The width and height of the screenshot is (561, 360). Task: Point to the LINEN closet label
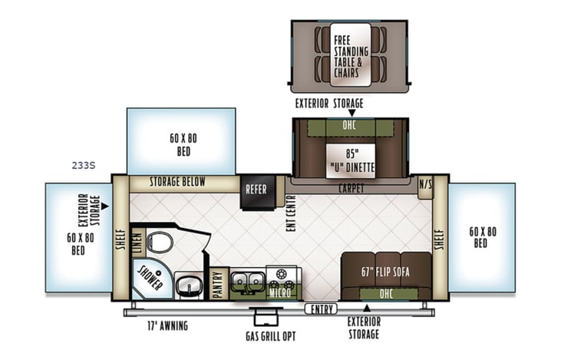pos(137,243)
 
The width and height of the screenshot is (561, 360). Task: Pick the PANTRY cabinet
pos(217,283)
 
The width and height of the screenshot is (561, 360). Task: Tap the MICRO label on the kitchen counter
pos(280,292)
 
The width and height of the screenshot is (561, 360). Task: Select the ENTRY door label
pos(320,309)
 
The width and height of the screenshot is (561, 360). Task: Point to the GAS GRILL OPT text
pos(266,336)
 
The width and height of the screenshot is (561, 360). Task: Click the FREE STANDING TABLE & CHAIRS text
pos(351,55)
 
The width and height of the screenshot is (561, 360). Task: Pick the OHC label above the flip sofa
pos(386,293)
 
